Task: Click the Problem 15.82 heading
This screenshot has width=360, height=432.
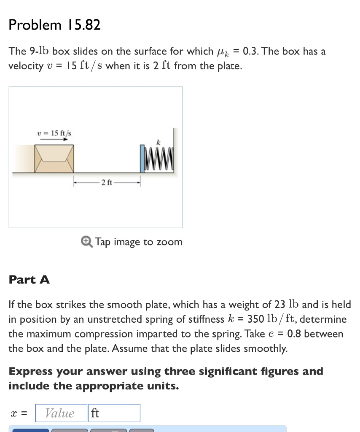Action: click(x=55, y=25)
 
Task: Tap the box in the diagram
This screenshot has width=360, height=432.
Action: click(x=54, y=159)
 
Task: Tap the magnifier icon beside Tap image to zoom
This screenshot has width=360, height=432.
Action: click(x=86, y=241)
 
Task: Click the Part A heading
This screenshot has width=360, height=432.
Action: click(x=30, y=280)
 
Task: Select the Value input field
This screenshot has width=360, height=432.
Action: click(x=60, y=413)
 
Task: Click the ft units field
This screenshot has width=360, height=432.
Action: click(x=114, y=413)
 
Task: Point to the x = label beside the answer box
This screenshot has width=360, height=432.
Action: click(x=19, y=413)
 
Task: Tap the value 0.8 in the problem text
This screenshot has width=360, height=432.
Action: click(x=294, y=334)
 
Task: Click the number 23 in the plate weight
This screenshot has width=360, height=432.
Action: click(x=282, y=304)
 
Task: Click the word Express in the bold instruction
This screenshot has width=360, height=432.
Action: click(x=30, y=372)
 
